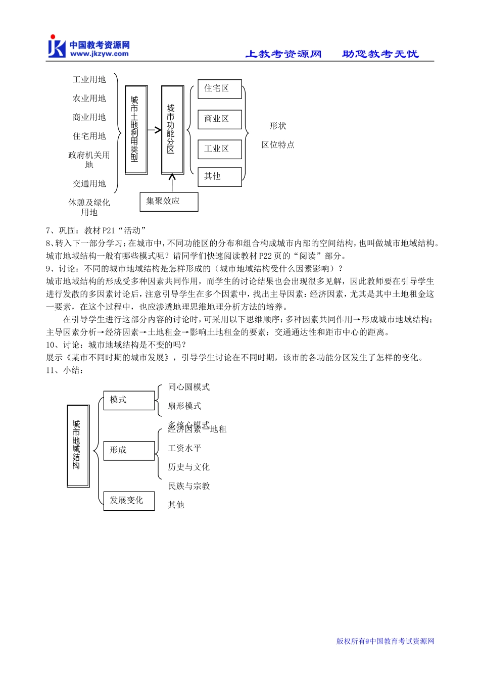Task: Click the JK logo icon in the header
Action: click(57, 46)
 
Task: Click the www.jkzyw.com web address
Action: click(100, 54)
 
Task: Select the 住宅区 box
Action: click(219, 89)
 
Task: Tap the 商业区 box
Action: click(219, 119)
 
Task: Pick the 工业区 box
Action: click(219, 149)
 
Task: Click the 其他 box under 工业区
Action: click(219, 176)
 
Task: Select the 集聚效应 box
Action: click(169, 201)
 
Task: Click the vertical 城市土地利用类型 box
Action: click(136, 130)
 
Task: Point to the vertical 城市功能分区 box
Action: click(172, 129)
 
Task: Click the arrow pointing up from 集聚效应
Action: click(172, 182)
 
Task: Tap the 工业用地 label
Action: click(89, 79)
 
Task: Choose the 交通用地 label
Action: click(89, 183)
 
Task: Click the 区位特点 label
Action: click(278, 145)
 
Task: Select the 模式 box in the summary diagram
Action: click(129, 400)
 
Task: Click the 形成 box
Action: click(129, 450)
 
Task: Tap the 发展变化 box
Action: click(129, 500)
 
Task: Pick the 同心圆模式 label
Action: click(189, 387)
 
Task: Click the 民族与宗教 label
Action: click(189, 486)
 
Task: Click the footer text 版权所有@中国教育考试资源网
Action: click(385, 641)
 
